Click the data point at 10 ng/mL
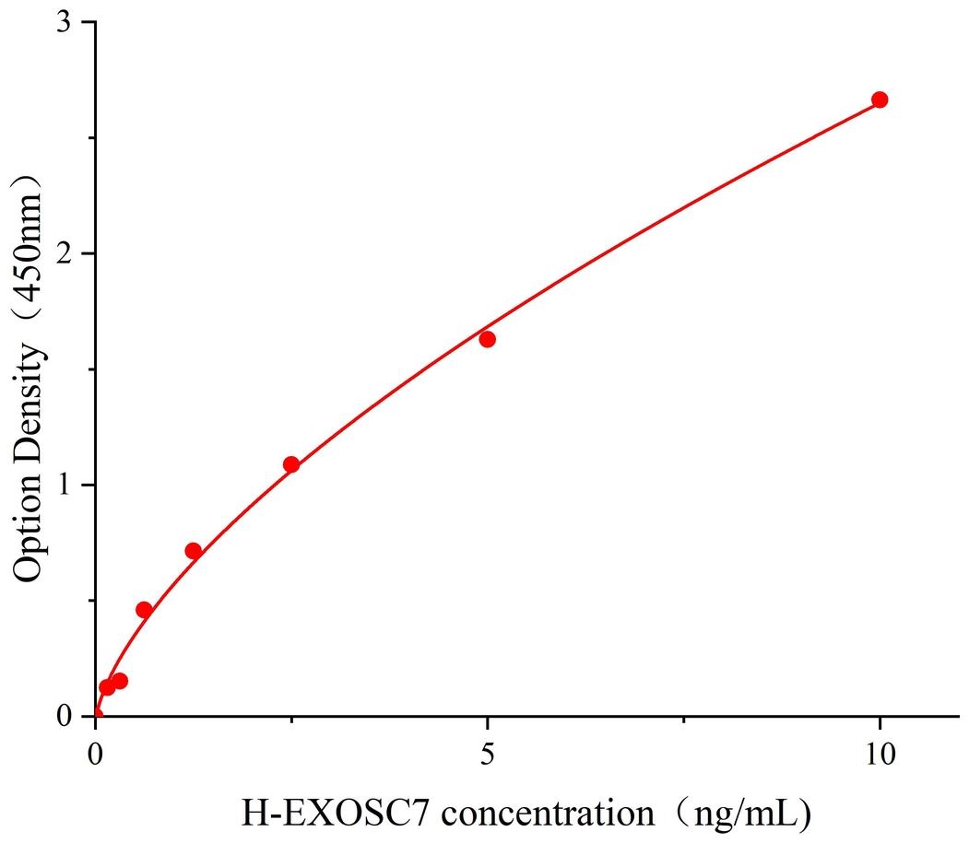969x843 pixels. pyautogui.click(x=880, y=100)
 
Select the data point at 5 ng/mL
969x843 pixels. pyautogui.click(x=488, y=339)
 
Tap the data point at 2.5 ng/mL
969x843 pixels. pyautogui.click(x=291, y=464)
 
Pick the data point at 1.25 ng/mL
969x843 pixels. pyautogui.click(x=194, y=551)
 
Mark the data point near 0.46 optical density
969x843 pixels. pyautogui.click(x=144, y=610)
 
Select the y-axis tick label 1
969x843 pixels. pyautogui.click(x=65, y=486)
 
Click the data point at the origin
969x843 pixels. pyautogui.click(x=96, y=715)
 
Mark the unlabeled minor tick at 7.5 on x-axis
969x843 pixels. pyautogui.click(x=683, y=718)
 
